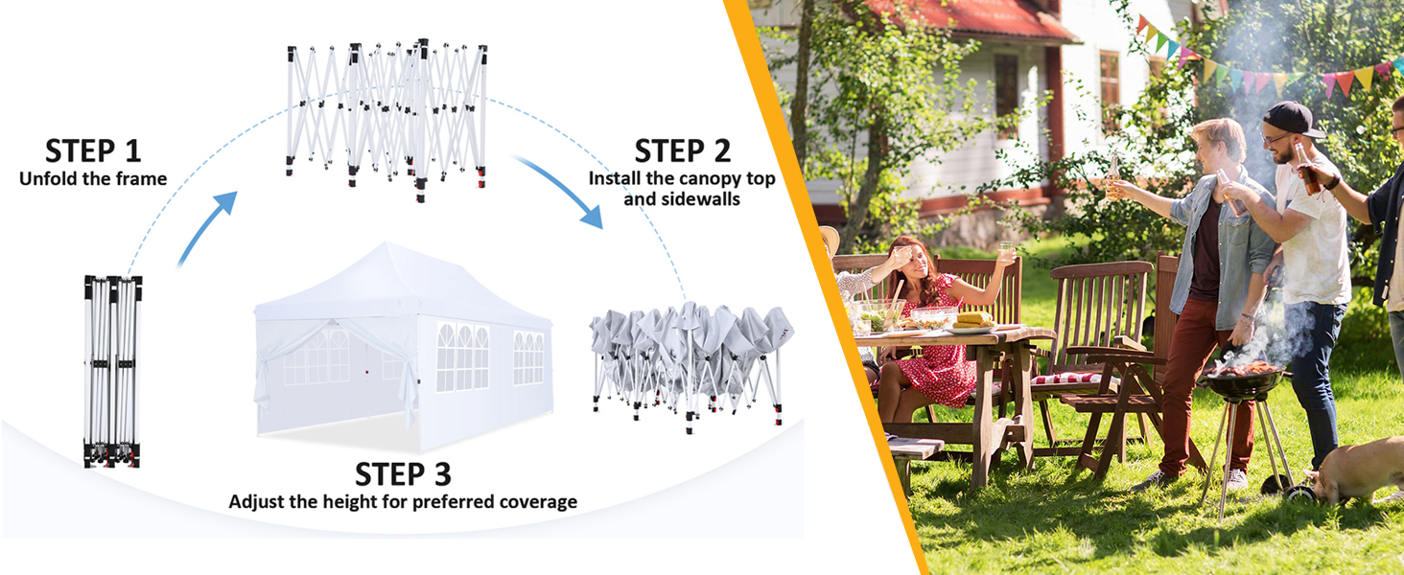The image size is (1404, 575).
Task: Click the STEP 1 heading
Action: [93, 150]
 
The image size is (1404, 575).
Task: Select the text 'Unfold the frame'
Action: [93, 179]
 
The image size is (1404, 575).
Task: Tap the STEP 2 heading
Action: [682, 150]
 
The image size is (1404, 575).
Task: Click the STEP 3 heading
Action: [403, 474]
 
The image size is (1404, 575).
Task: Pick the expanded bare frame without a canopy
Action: [386, 115]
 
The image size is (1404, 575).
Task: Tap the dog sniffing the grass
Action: [1357, 470]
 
